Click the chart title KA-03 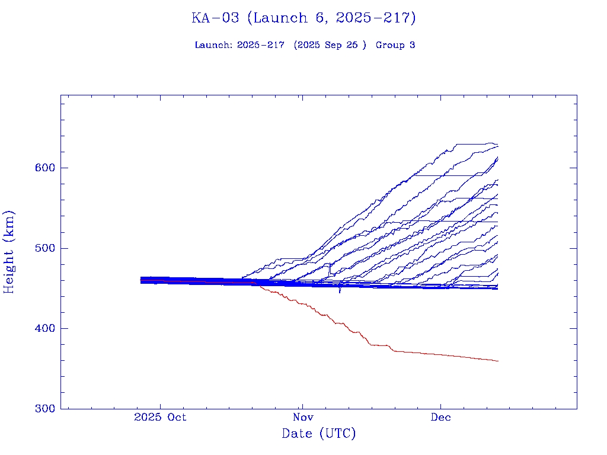point(215,18)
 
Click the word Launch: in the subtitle point(213,45)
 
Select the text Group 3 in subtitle point(395,45)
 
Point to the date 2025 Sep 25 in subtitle point(330,45)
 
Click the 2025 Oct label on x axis point(160,417)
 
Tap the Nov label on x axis point(302,417)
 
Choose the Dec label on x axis point(440,417)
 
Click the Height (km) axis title point(9,252)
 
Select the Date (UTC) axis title point(319,434)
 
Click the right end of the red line point(497,361)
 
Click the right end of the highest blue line point(497,145)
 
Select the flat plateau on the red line point(379,345)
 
